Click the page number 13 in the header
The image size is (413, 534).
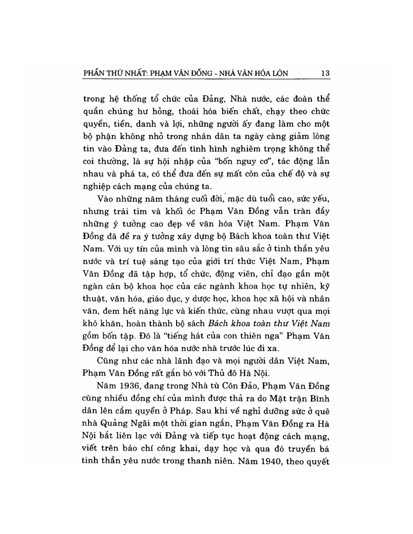[x=325, y=73]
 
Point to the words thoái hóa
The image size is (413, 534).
[x=192, y=110]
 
